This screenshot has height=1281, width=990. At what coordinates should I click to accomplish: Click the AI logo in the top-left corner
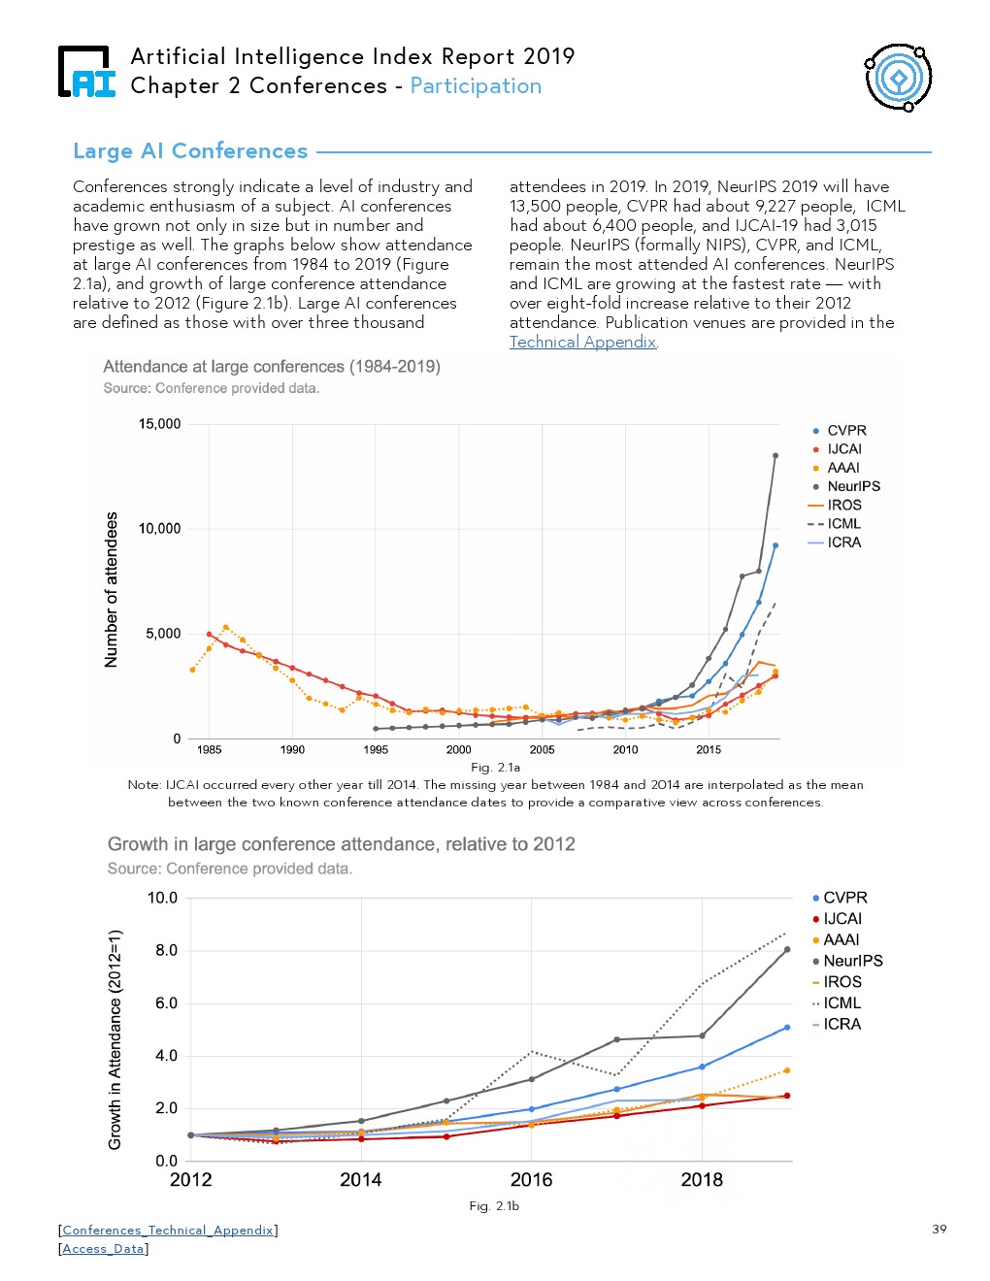pos(86,72)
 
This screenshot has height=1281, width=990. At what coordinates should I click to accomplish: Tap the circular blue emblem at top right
pos(898,78)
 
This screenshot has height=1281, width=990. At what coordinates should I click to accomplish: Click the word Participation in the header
pos(476,86)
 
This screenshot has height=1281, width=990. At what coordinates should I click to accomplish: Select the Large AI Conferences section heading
pos(190,151)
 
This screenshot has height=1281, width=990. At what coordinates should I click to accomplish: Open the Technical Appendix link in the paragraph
pos(582,342)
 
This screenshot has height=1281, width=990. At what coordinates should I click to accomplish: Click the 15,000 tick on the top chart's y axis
pos(159,424)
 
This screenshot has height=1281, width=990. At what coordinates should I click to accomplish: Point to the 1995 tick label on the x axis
pos(375,749)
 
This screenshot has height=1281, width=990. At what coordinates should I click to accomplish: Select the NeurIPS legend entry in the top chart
pos(846,486)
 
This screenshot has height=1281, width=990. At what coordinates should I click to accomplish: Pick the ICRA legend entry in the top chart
pos(835,542)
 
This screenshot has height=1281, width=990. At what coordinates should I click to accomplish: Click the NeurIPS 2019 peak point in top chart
pos(775,456)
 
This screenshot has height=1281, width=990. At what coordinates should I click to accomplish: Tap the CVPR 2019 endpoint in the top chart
pos(775,546)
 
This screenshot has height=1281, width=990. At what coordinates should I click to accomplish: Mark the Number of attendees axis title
pos(111,589)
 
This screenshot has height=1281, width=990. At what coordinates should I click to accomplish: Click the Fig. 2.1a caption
pos(495,767)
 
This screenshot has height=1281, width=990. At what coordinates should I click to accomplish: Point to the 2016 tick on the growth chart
pos(531,1180)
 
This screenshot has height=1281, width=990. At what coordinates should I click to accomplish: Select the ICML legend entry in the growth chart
pos(836,1002)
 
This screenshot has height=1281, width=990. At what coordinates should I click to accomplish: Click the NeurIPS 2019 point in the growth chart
pos(787,950)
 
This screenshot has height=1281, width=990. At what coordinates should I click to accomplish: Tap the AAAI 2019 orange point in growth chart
pos(787,1070)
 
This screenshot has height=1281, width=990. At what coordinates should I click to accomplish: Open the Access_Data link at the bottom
pos(103,1249)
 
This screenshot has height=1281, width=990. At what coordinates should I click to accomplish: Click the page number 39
pos(940,1230)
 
